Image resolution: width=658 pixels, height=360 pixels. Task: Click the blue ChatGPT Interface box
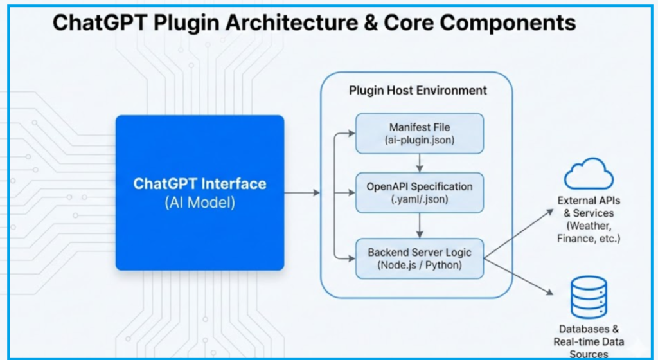tap(199, 192)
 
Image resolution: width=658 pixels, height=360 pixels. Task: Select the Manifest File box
tap(420, 133)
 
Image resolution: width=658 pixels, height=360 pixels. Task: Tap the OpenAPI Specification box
tap(420, 192)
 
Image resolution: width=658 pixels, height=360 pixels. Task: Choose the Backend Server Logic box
tap(420, 258)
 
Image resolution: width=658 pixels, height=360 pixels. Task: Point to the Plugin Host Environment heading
tap(418, 90)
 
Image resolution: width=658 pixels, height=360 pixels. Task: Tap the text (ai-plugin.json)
tap(420, 140)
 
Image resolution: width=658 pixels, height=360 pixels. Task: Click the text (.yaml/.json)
tap(420, 199)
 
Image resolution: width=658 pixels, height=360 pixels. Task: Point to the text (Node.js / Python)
tap(420, 265)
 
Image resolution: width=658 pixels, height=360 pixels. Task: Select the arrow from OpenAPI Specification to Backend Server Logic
tap(420, 225)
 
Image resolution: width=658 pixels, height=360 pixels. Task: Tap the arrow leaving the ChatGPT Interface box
tap(302, 192)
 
